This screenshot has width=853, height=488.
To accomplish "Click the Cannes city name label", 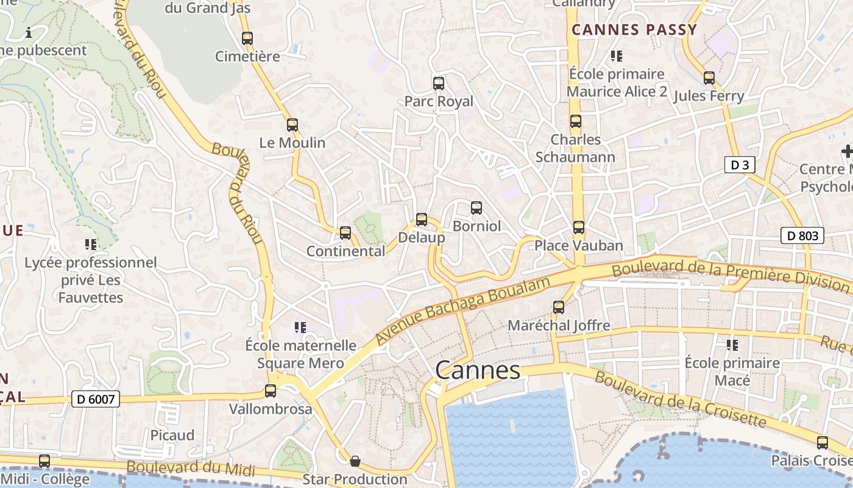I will (478, 370).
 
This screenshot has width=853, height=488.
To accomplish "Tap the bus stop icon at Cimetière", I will (247, 38).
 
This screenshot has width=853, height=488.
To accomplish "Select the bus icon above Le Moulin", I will (292, 125).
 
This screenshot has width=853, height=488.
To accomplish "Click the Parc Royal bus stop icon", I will (438, 84).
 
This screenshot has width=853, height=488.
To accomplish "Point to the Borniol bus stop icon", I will (476, 208).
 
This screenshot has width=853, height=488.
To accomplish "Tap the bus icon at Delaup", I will (421, 220).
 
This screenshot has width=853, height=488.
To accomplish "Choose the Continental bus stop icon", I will (345, 233).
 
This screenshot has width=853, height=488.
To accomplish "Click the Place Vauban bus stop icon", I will (578, 228).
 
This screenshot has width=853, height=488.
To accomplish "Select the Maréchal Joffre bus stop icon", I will (559, 307).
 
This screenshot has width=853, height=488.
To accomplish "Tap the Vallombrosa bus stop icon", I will (271, 391).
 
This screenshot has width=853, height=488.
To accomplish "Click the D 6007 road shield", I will (96, 399).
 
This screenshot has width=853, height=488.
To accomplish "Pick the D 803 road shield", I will (802, 235).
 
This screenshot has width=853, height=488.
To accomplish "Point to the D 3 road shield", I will (740, 164).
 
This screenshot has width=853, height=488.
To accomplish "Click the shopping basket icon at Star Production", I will (355, 461).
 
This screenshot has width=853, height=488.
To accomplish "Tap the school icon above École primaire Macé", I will (732, 345).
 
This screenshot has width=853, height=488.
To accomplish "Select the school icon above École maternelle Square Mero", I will (300, 328).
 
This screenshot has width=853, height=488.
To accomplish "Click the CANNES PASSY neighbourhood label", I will (634, 30).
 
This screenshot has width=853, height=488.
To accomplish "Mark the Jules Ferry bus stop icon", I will (709, 78).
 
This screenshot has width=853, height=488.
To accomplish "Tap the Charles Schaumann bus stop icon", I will (575, 121).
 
